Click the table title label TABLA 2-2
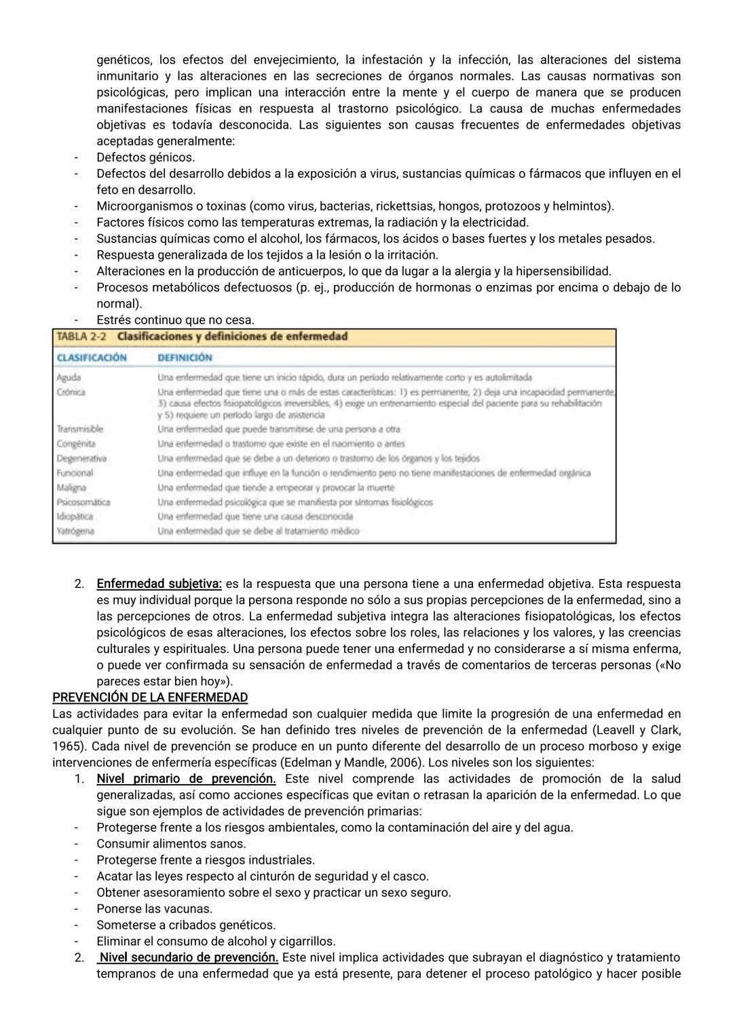[82, 337]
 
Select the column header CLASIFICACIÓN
[92, 358]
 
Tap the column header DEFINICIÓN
[185, 358]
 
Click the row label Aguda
[69, 377]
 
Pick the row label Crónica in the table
[71, 392]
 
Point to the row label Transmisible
[79, 429]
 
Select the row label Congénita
[75, 444]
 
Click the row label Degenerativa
[81, 458]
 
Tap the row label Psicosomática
[83, 502]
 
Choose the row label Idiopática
[75, 517]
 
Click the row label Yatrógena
[75, 532]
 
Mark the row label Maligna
[71, 487]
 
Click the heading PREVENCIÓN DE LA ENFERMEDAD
[150, 697]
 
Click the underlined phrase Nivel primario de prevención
[186, 779]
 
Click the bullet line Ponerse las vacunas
[154, 909]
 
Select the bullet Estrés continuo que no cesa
[175, 320]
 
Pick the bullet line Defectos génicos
[145, 158]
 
